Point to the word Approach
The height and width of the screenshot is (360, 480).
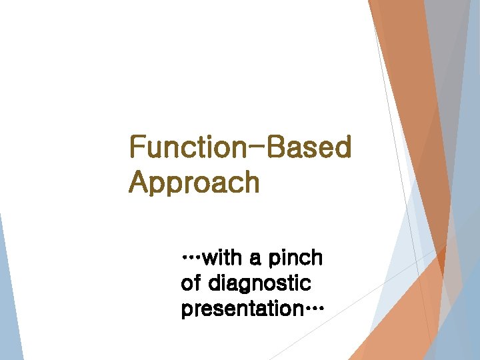point(194,183)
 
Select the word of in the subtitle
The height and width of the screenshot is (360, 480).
point(190,283)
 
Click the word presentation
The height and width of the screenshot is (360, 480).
point(237,309)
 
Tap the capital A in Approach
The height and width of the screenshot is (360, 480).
point(138,183)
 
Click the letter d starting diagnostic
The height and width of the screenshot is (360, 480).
point(215,283)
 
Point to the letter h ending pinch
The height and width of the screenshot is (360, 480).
point(316,257)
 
